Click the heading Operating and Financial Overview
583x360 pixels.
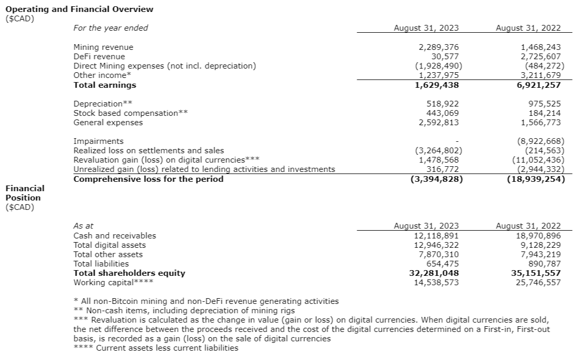79,9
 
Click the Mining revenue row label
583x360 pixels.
103,47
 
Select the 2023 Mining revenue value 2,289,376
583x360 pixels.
439,47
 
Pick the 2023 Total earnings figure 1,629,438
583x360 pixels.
437,85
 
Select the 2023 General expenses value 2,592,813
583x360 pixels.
439,123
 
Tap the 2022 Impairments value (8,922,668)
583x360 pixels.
540,141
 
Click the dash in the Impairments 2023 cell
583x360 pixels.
457,141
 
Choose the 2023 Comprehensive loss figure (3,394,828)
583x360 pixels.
433,179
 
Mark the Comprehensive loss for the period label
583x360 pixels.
148,179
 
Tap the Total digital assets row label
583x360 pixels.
110,245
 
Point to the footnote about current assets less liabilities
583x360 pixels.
156,348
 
